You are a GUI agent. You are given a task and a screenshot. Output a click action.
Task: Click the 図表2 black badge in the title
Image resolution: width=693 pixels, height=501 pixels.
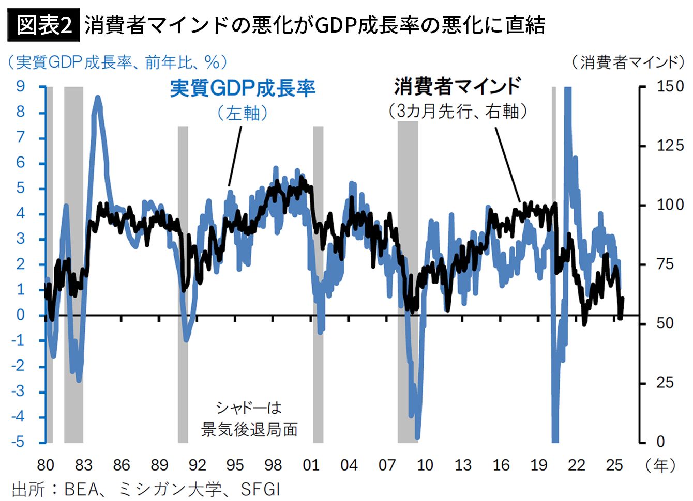(44, 25)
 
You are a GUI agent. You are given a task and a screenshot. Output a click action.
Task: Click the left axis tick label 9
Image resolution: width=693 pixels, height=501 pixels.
(20, 86)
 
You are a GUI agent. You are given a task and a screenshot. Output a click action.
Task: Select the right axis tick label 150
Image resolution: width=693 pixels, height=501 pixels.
(670, 86)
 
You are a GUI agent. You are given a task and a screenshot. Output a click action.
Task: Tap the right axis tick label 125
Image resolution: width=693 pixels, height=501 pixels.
(670, 146)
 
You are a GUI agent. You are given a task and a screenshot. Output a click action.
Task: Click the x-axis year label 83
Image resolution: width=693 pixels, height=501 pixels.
(83, 465)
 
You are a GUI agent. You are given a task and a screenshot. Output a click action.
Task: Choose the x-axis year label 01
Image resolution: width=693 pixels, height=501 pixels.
(311, 465)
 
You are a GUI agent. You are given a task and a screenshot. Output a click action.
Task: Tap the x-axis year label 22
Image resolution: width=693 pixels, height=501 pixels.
(577, 465)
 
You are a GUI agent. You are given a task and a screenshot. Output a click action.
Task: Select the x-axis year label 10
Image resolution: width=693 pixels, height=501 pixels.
(425, 465)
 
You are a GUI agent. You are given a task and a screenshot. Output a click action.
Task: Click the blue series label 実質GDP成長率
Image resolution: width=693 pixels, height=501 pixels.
(243, 88)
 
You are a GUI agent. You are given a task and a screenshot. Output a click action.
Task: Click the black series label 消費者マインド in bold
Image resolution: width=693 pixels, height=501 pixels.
(457, 86)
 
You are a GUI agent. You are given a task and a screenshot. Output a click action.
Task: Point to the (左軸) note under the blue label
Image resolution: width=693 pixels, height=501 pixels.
(243, 113)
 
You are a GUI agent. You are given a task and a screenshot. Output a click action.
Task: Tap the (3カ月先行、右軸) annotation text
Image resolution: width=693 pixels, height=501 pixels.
(457, 111)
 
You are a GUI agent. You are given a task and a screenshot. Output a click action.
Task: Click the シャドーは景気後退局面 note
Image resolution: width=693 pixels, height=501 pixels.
(249, 419)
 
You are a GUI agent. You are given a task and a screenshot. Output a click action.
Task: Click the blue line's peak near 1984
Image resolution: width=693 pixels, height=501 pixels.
(97, 98)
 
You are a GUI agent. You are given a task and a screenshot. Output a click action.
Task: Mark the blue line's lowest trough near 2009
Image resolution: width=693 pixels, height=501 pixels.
(417, 437)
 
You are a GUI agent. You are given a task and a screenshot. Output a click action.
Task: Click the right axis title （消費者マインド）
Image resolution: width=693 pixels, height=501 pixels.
(627, 62)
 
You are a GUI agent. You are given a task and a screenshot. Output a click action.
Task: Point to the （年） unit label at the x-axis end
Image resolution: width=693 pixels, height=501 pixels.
(660, 465)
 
